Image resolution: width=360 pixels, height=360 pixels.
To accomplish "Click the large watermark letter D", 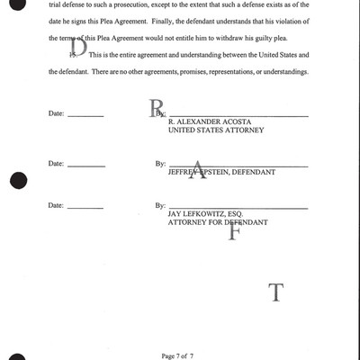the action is point(79,48).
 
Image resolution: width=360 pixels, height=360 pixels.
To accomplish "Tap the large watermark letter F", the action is point(235,231).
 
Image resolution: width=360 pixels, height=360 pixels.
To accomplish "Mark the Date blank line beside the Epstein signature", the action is point(85,166).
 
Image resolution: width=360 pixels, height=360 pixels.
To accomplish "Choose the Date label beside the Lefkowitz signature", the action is point(56,206).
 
